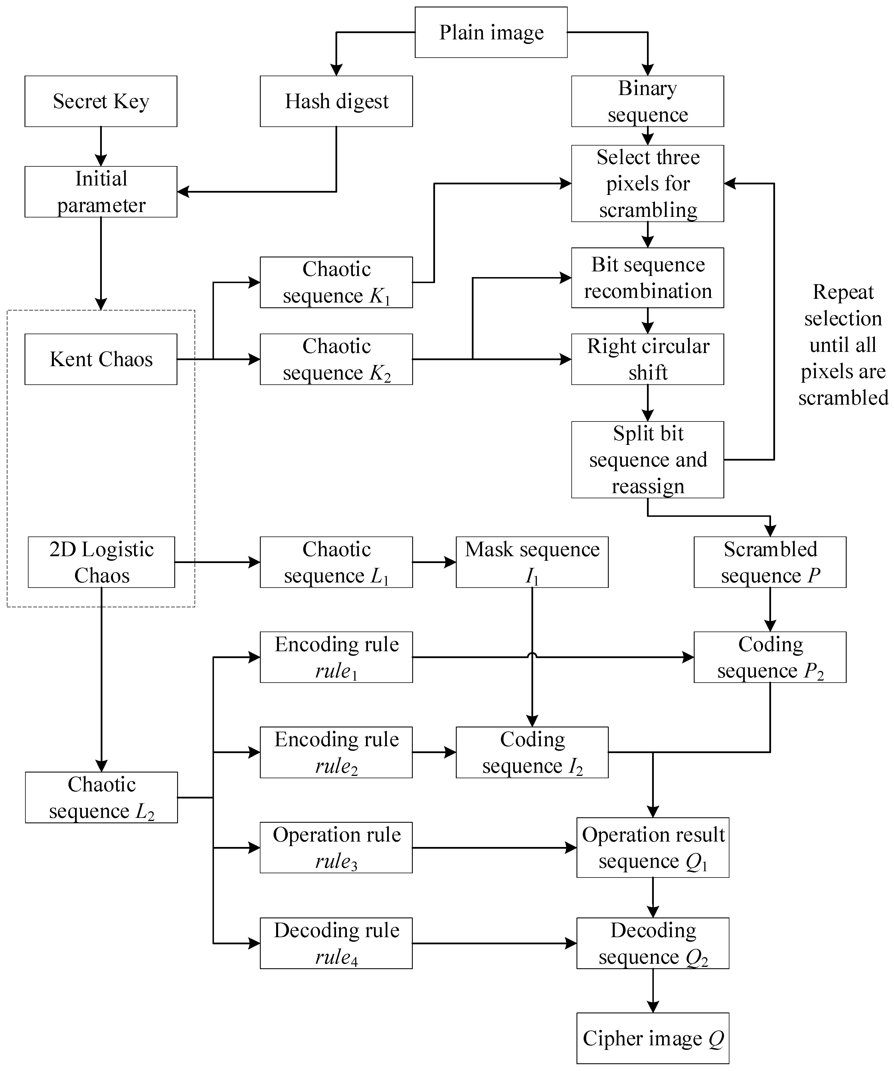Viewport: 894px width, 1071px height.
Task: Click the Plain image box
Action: (491, 32)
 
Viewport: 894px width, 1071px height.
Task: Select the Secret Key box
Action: (101, 101)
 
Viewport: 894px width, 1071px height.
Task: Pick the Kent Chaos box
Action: (101, 359)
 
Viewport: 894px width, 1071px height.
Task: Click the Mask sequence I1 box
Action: (532, 562)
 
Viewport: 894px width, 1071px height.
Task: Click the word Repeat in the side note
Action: (843, 292)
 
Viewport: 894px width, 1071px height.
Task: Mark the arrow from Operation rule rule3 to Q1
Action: (494, 848)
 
